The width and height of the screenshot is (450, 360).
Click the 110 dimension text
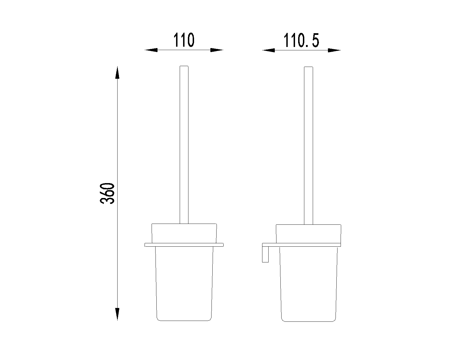(x=184, y=40)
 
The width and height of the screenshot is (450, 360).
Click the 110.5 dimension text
(x=301, y=40)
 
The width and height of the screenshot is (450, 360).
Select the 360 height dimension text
(x=107, y=193)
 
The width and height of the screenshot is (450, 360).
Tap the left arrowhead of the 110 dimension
(x=151, y=50)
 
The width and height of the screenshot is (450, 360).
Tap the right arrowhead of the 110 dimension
(x=217, y=50)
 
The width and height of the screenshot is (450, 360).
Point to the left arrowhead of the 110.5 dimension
(x=269, y=50)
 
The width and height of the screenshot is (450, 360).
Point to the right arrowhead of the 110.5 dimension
(x=334, y=50)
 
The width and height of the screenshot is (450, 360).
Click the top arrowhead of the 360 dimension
(x=117, y=73)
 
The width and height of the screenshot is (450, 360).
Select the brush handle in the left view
(x=184, y=145)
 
